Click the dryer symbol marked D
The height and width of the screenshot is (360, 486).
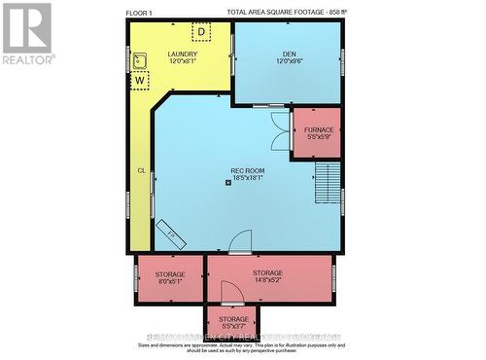click(201, 31)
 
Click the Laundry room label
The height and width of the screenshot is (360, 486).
click(182, 57)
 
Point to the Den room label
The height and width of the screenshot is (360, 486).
click(289, 57)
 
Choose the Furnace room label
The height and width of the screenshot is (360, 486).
click(319, 133)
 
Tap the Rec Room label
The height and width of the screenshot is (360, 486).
click(247, 174)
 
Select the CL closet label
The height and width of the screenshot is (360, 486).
click(141, 170)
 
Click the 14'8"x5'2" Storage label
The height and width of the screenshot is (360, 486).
click(267, 276)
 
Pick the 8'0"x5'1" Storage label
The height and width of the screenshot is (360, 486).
click(170, 276)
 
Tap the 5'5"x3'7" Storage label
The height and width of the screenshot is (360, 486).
click(233, 322)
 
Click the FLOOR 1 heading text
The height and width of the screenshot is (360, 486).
click(140, 13)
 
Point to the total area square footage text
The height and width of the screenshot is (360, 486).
click(287, 13)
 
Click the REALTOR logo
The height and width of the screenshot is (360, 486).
click(26, 34)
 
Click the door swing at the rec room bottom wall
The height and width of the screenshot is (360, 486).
click(240, 240)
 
